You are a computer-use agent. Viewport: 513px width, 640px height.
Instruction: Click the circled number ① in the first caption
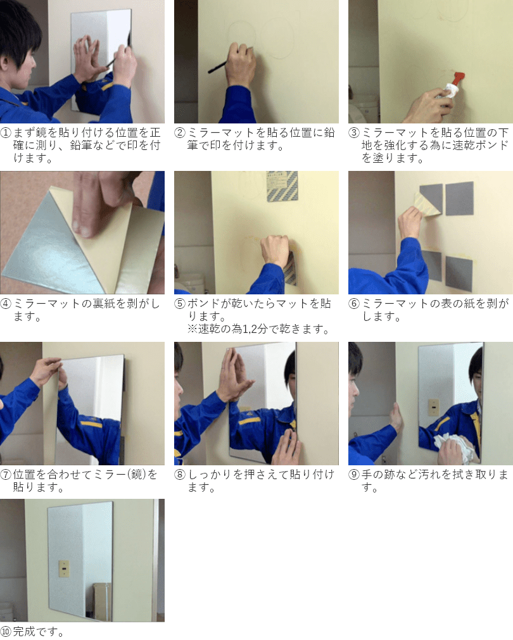(6, 133)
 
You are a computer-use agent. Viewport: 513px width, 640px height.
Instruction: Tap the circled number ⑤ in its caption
(180, 304)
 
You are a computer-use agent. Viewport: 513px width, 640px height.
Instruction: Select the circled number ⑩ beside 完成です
(6, 631)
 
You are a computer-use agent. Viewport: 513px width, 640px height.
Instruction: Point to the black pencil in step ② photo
(218, 67)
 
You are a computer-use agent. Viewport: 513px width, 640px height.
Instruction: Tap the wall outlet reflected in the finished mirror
(63, 568)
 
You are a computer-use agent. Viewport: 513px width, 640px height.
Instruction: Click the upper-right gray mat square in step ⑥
(460, 199)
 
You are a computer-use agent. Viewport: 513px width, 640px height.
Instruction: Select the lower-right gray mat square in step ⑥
(459, 273)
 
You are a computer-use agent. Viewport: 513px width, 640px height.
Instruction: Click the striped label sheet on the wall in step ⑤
(282, 187)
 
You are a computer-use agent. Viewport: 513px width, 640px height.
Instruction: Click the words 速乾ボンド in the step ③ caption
(474, 146)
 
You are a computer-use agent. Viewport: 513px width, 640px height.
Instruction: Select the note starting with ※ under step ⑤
(259, 329)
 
